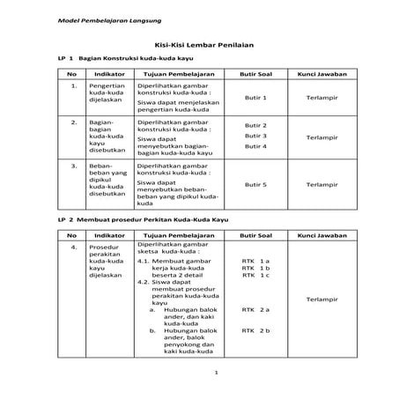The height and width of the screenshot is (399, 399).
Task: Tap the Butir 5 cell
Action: coord(255,184)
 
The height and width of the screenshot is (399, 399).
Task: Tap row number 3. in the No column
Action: coord(73,164)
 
